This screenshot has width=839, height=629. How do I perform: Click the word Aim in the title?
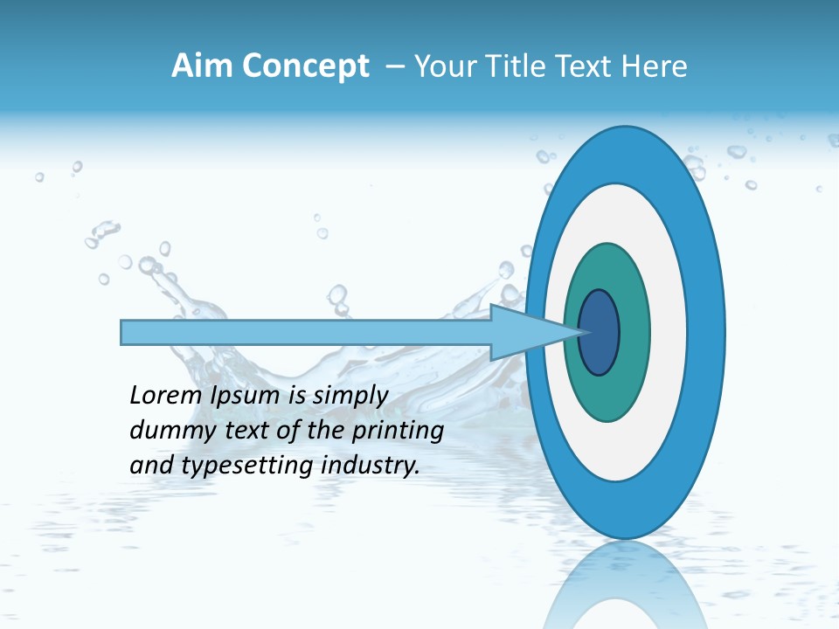pos(204,66)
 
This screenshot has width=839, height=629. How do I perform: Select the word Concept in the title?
pos(306,66)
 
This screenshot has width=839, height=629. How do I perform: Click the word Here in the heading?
pos(655,66)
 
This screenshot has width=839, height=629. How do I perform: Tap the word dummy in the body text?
pos(164,431)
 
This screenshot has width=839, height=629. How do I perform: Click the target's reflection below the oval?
pos(624,581)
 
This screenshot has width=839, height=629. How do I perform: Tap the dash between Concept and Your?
pos(395,67)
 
